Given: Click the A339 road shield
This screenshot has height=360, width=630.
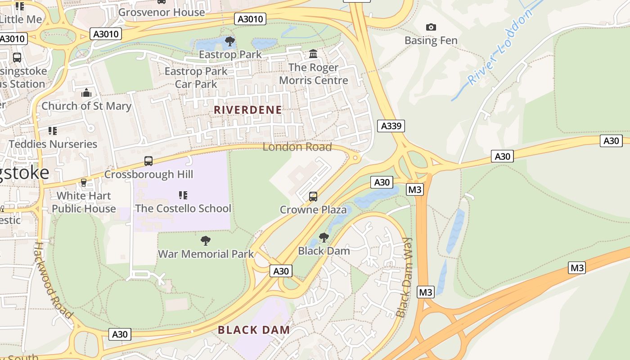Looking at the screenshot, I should (x=391, y=126).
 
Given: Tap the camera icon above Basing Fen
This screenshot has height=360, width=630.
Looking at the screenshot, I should (x=431, y=27).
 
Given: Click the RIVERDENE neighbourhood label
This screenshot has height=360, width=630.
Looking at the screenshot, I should (x=248, y=110).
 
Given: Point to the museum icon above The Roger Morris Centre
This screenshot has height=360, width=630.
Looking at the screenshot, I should (x=313, y=54).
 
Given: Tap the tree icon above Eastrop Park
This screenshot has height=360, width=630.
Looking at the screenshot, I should (x=230, y=42).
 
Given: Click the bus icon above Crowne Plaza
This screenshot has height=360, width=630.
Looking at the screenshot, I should (x=313, y=197).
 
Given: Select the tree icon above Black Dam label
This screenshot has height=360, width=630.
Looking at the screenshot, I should (x=324, y=238).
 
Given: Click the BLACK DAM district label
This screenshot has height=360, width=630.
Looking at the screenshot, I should (x=254, y=330).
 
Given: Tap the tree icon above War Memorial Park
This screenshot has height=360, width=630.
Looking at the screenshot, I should (x=206, y=241).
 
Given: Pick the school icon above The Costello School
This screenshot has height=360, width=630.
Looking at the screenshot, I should (x=183, y=195).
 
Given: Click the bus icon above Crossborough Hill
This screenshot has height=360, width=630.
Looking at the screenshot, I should (x=148, y=161).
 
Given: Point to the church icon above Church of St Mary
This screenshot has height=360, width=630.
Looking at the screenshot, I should (x=86, y=93).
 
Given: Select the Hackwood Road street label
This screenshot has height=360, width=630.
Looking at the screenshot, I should (x=53, y=280).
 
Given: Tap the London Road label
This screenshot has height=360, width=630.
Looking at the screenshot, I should (x=297, y=147).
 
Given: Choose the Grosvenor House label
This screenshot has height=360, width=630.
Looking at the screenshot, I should (x=161, y=12).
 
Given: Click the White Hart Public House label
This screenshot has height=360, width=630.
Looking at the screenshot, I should (x=84, y=202).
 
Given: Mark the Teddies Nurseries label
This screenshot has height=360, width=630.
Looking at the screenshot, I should (x=53, y=144).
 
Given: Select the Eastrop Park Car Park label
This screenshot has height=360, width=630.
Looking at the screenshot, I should (x=196, y=77).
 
